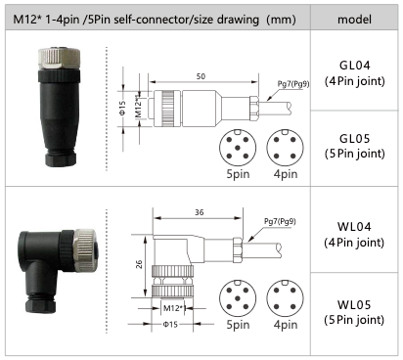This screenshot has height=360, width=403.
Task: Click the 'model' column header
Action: coord(354,20)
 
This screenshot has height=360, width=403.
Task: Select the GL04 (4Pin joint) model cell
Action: coord(354,73)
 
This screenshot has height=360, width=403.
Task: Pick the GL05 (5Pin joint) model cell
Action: coord(354,146)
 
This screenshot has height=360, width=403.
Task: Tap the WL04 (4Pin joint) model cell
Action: coord(354,234)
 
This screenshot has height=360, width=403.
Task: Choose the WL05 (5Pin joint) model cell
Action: coord(354,312)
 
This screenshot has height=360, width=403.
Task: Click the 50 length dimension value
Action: coord(201,76)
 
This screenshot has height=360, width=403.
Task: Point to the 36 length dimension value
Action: coord(200,212)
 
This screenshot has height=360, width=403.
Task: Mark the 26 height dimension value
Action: coord(139,264)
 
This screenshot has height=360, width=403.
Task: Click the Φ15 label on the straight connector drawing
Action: coord(122,108)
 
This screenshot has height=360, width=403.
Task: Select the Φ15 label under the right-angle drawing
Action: coord(170,324)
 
